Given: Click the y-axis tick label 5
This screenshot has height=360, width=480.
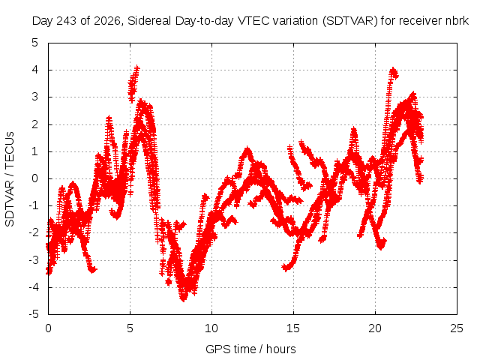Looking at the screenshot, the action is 35,43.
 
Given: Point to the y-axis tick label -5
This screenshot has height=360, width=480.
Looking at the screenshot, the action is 34,314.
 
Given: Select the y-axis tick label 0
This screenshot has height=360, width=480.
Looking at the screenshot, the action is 35,178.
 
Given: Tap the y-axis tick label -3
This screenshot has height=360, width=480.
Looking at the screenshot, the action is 34,260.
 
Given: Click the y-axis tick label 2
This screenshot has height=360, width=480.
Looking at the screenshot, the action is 35,124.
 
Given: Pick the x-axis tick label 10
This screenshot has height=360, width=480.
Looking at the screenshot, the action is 211,328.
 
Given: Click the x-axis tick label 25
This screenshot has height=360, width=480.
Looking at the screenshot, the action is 457,328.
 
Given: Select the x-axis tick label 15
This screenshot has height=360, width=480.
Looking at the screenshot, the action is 293,328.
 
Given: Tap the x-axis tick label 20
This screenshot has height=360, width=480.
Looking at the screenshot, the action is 375,328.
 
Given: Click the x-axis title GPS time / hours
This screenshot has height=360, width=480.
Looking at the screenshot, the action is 250,349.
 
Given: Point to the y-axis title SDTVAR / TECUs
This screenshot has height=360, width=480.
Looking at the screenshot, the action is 10,179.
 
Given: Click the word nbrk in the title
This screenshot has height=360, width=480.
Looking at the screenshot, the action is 457,21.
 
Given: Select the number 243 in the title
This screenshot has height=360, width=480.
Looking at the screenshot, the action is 67,21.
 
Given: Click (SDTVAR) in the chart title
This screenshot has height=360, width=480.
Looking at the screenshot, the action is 350,21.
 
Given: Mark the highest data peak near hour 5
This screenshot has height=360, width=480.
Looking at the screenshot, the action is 136,67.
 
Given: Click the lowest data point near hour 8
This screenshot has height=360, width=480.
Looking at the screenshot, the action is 183,298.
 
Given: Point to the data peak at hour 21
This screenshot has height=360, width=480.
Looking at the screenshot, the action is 393,70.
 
